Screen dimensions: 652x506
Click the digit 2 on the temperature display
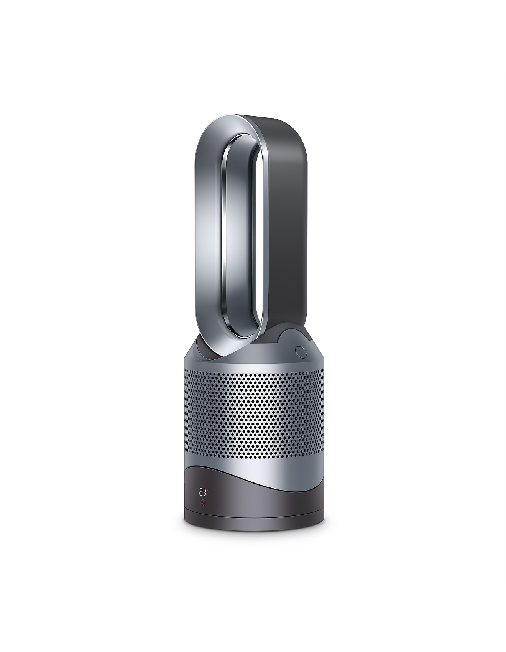point(200,492)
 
